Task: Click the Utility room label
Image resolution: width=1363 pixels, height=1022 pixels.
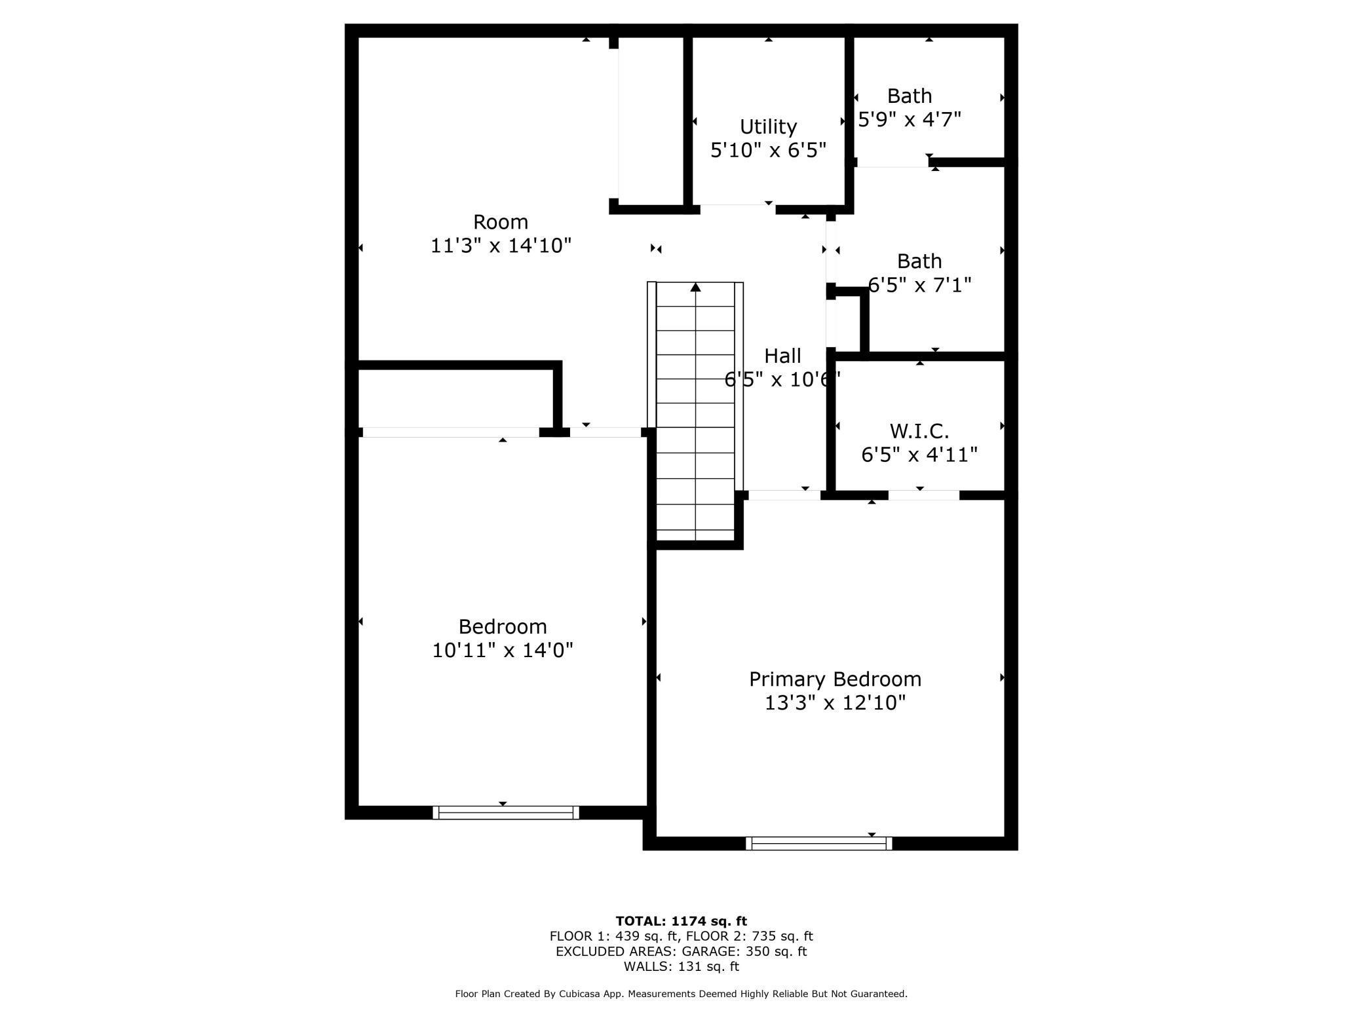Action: [x=768, y=126]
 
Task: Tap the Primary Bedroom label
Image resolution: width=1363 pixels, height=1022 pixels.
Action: [x=835, y=679]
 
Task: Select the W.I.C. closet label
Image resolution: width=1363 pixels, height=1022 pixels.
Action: [x=919, y=431]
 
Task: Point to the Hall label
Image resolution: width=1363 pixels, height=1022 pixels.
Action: [x=782, y=356]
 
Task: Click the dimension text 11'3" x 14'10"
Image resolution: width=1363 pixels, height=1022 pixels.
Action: [x=501, y=246]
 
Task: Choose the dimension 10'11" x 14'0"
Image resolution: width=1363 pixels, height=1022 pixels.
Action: [x=503, y=651]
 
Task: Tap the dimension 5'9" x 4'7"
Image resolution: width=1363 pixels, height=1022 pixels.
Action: [x=910, y=119]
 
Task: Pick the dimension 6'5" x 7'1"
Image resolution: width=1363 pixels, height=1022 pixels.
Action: [x=919, y=285]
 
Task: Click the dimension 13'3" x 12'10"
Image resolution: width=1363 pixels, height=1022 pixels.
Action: [x=835, y=703]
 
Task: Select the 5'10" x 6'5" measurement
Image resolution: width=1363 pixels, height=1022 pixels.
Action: [x=768, y=151]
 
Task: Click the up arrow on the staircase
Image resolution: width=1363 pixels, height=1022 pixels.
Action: [x=695, y=288]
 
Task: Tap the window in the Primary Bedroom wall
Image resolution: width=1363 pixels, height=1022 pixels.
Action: [x=818, y=844]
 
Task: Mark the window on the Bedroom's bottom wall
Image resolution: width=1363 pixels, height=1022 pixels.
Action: [x=506, y=812]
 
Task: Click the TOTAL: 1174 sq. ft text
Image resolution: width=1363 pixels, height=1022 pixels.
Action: [x=681, y=921]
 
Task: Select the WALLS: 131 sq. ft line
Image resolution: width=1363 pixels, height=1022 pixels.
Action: [x=681, y=966]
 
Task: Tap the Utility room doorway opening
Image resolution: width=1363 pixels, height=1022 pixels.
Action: [x=738, y=209]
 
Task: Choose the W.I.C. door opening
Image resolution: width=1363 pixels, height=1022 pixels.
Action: [x=923, y=495]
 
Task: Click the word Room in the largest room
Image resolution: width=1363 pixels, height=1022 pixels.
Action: [x=501, y=222]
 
